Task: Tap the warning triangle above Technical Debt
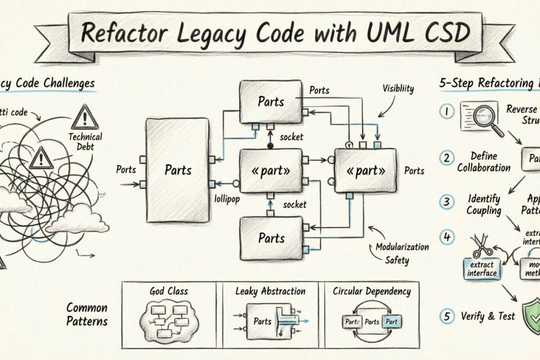[85, 117]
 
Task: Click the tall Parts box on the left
[178, 170]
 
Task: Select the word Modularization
[402, 247]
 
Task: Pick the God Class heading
[169, 291]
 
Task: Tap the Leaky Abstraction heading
[270, 291]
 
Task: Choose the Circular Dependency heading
[372, 291]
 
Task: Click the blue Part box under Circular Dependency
[391, 322]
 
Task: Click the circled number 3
[446, 202]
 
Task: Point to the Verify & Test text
[488, 316]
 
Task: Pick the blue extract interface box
[482, 269]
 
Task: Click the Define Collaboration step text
[484, 162]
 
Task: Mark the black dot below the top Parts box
[270, 146]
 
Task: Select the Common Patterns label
[87, 315]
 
